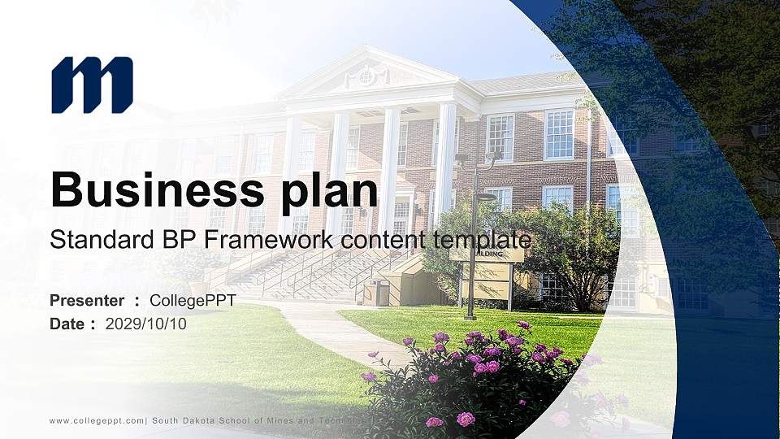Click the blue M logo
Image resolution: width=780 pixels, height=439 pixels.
point(92,85)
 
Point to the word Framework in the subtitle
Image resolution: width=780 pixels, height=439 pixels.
point(258,240)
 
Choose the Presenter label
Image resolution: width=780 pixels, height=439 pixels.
point(87,301)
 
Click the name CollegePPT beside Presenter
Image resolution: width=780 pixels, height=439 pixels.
point(193,301)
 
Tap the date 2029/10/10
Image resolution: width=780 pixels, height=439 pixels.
point(146,324)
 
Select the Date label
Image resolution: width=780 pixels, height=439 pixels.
point(67,324)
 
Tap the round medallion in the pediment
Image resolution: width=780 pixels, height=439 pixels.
point(366,76)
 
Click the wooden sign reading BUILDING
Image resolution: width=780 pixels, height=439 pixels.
point(487,254)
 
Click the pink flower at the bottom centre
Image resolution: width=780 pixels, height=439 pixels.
point(466,419)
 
